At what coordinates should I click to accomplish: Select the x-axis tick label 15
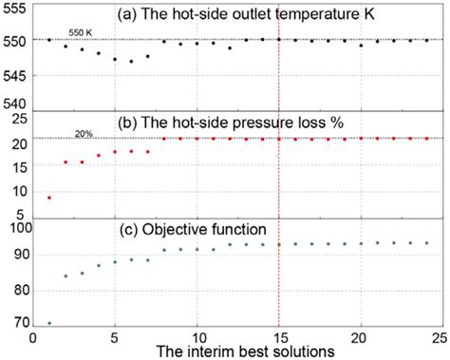coord(278,336)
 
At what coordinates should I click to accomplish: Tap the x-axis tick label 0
coord(33,336)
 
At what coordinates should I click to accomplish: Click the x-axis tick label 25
coord(441,336)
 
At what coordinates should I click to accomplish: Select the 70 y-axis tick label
coord(18,322)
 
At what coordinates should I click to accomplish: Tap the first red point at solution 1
coord(49,198)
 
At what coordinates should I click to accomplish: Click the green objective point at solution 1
coord(49,323)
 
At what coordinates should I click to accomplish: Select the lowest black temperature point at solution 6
coord(131,62)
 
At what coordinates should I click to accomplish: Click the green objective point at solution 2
coord(66,276)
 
